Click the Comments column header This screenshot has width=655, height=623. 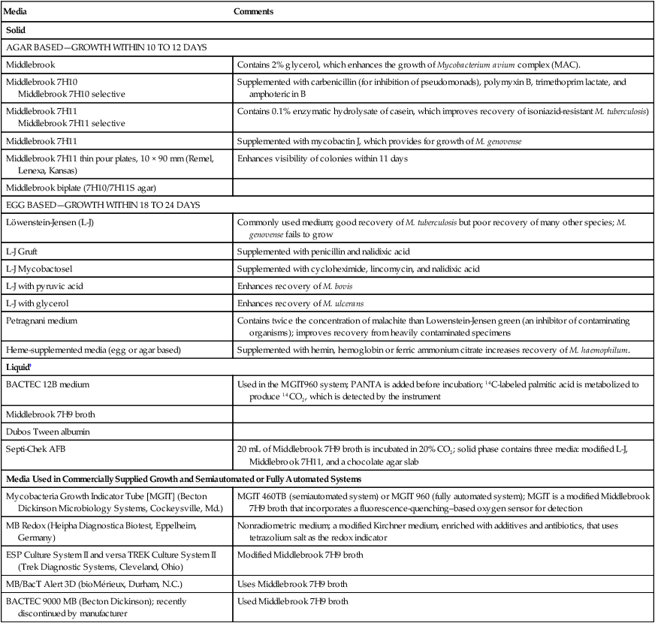click(x=253, y=13)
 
